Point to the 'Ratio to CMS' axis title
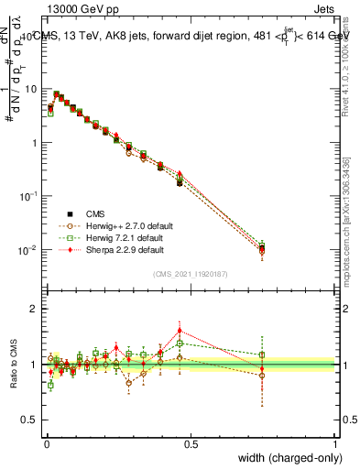pos(15,364)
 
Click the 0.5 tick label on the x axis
pos(191,443)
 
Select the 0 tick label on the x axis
pos(46,443)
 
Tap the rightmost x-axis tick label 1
pos(335,443)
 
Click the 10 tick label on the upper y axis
pos(32,90)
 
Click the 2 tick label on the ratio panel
pos(35,309)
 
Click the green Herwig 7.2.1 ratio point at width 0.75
pos(262,354)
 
